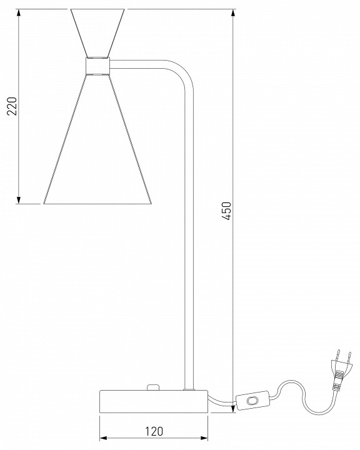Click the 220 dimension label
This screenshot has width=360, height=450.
[11, 107]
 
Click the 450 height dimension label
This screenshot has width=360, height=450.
[227, 211]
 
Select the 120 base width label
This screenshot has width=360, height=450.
[154, 431]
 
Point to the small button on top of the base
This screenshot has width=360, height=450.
[151, 387]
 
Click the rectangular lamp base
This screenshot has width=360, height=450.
[153, 402]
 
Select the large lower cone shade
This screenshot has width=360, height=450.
[98, 150]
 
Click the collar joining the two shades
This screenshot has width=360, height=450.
[97, 66]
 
